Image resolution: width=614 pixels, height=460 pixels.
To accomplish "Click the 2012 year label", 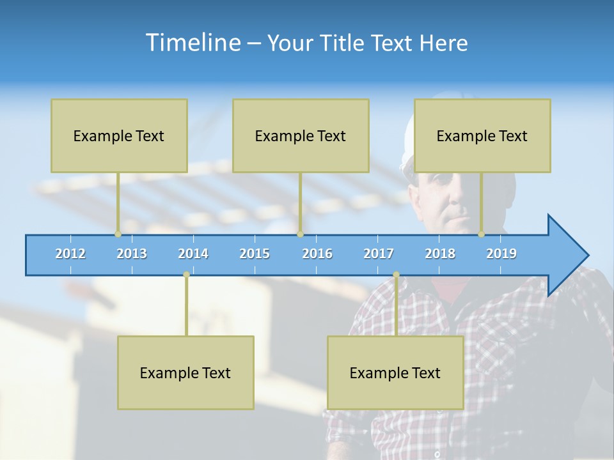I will pyautogui.click(x=70, y=254).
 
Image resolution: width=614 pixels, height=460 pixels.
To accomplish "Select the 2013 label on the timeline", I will pyautogui.click(x=132, y=254).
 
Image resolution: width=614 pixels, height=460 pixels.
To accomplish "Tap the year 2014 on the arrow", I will pyautogui.click(x=193, y=254).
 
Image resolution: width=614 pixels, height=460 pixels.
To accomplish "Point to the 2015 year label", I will pyautogui.click(x=255, y=254).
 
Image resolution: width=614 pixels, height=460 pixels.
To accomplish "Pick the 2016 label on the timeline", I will pyautogui.click(x=317, y=254).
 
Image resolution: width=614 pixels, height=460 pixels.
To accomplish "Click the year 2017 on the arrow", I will pyautogui.click(x=379, y=254).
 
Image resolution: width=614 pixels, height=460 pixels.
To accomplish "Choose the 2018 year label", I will pyautogui.click(x=440, y=254).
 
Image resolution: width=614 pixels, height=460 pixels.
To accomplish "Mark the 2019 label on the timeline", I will pyautogui.click(x=501, y=254).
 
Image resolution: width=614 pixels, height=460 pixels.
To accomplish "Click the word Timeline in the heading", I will pyautogui.click(x=193, y=43).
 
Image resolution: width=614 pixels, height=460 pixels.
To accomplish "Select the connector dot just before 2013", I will pyautogui.click(x=118, y=234).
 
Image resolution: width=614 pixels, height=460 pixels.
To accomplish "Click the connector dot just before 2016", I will pyautogui.click(x=300, y=234).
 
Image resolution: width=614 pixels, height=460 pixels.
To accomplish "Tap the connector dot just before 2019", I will pyautogui.click(x=482, y=234).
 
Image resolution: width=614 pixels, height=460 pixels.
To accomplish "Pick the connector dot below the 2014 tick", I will pyautogui.click(x=186, y=274).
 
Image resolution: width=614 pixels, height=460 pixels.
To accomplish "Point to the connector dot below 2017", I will pyautogui.click(x=396, y=274).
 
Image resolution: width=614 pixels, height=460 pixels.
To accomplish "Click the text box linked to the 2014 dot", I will pyautogui.click(x=185, y=372).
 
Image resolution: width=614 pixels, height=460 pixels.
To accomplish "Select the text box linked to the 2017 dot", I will pyautogui.click(x=395, y=372).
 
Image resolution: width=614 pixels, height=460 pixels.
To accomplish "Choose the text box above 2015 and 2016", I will pyautogui.click(x=301, y=135).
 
